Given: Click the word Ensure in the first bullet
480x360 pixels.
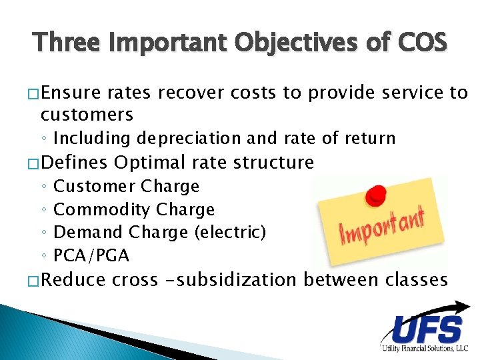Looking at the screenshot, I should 69,93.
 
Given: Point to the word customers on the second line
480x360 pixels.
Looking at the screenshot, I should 87,115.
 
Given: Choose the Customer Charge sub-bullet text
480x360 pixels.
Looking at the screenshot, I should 126,186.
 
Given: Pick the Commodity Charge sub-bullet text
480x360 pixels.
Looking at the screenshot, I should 134,209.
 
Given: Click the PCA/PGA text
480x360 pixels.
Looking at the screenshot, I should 91,255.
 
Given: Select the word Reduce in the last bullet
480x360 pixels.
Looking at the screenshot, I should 73,279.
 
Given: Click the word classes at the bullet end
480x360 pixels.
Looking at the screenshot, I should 417,279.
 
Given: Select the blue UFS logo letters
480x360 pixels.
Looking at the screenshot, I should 427,330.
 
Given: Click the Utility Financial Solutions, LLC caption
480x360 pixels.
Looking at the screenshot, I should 425,349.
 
